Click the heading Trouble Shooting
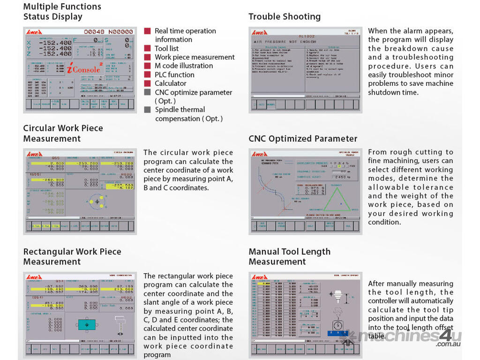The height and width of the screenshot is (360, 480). point(285,17)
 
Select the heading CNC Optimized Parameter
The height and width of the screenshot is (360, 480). point(303,139)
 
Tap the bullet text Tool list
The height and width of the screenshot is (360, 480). point(166,48)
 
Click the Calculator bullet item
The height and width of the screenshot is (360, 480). point(171,83)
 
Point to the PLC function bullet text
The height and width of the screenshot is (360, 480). point(174,75)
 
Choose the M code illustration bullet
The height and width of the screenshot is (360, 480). point(184,66)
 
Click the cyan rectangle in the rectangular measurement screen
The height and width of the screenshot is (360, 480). point(86,324)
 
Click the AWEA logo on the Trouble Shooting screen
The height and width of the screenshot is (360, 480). point(259,33)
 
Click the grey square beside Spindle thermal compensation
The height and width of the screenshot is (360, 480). point(147,110)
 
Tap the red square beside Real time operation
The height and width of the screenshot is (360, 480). point(147,31)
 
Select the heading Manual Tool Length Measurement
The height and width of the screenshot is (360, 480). point(289,256)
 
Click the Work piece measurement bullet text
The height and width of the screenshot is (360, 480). point(195,57)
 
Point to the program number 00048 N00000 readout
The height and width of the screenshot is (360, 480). point(109,32)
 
